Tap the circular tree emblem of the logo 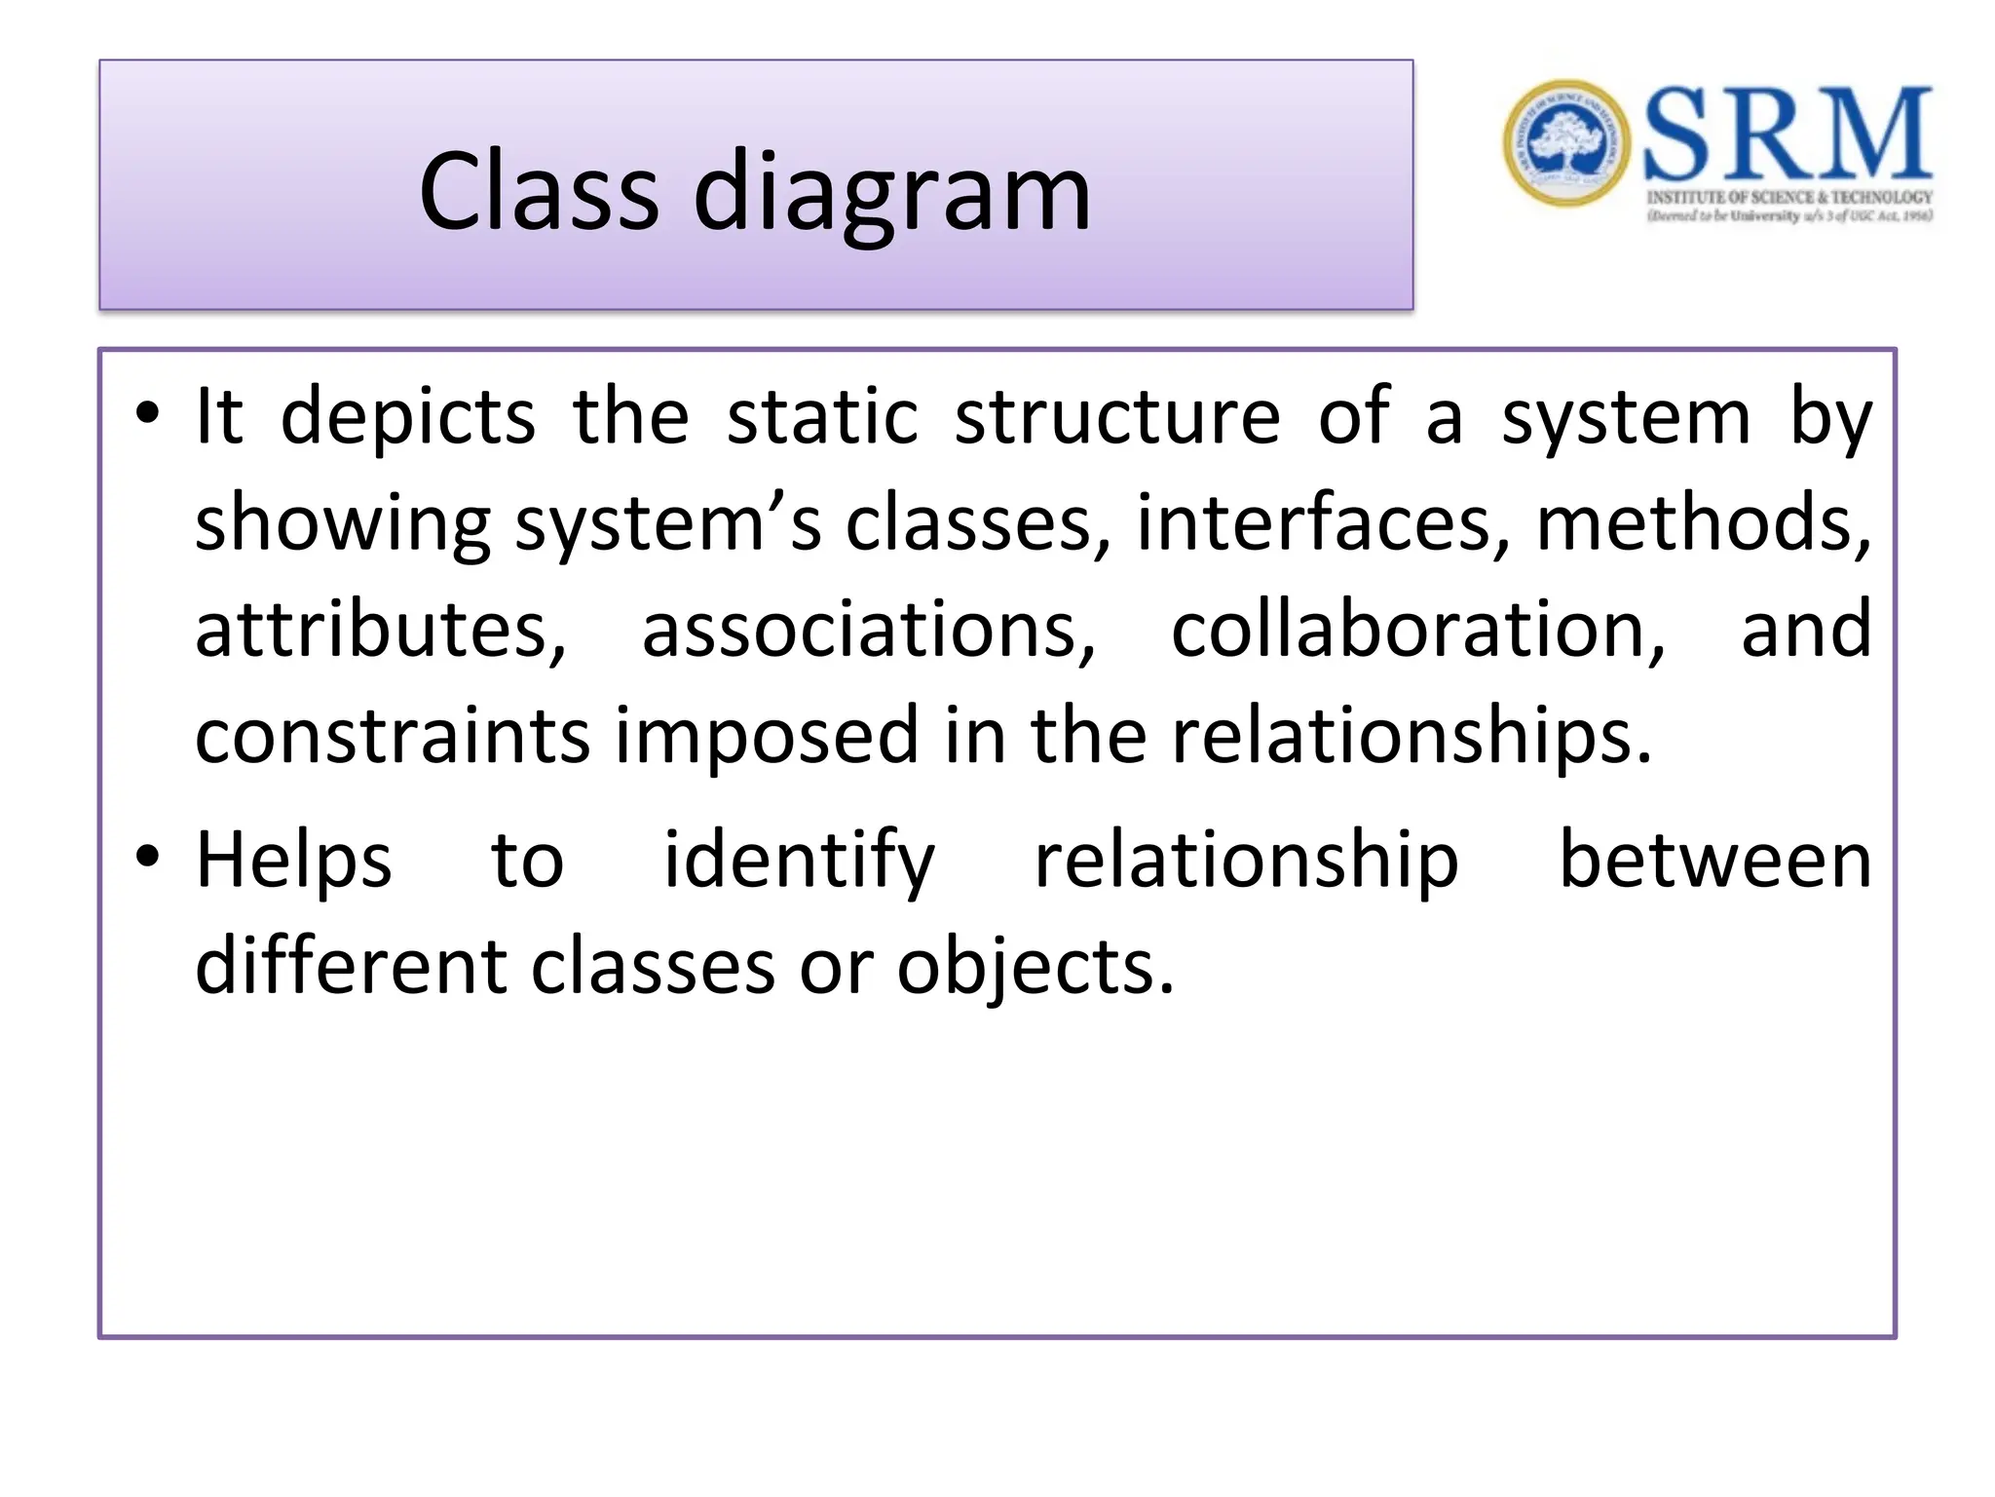point(1565,143)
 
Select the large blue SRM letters point(1788,134)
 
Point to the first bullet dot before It point(147,413)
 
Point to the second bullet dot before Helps point(147,857)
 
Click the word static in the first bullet point(822,417)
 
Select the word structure point(1116,417)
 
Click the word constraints point(393,735)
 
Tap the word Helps point(293,861)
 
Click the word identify point(799,861)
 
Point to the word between point(1714,861)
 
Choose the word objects point(1035,969)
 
